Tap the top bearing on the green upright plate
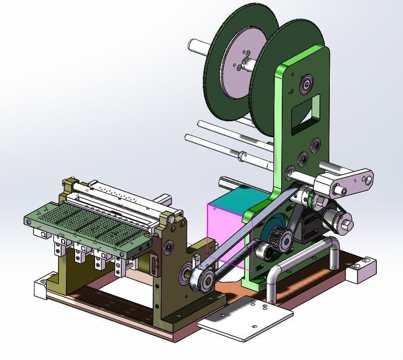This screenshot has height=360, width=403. tap(305, 84)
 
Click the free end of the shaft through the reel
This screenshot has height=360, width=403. tap(192, 44)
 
